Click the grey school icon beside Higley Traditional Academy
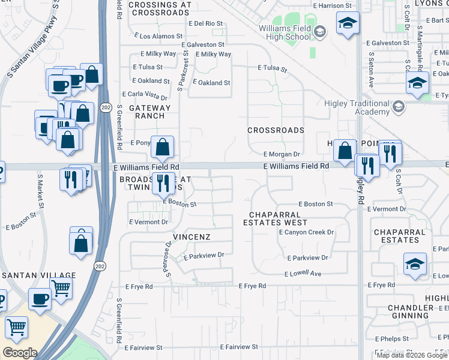pyautogui.click(x=397, y=108)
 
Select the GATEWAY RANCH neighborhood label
pyautogui.click(x=145, y=112)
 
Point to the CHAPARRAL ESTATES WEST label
pyautogui.click(x=276, y=218)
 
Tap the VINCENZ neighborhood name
pyautogui.click(x=191, y=237)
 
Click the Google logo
pyautogui.click(x=20, y=353)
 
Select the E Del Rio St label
pyautogui.click(x=205, y=24)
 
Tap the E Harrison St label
pyautogui.click(x=331, y=5)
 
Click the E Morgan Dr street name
pyautogui.click(x=281, y=154)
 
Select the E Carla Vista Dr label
pyautogui.click(x=145, y=95)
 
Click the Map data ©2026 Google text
pyautogui.click(x=411, y=355)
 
